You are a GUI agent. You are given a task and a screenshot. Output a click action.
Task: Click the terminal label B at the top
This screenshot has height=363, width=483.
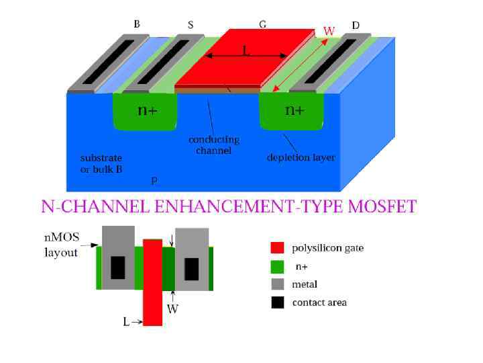[x=137, y=24]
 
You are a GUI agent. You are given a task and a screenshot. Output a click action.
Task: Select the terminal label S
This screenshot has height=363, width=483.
[x=191, y=26]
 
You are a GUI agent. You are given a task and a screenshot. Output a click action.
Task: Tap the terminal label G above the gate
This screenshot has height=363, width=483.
[x=262, y=24]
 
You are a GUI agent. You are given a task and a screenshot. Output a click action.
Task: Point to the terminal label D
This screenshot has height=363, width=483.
[x=356, y=26]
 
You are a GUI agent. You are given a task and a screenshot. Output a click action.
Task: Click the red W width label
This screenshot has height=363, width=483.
[x=329, y=31]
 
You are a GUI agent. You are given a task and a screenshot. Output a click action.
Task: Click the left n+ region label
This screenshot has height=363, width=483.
[x=148, y=110]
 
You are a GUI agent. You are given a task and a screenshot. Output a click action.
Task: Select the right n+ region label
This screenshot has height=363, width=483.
[x=294, y=110]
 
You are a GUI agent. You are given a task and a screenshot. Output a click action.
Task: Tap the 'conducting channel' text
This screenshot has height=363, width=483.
[x=213, y=145]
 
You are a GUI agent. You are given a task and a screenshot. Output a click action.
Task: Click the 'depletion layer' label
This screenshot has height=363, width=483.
[x=301, y=158]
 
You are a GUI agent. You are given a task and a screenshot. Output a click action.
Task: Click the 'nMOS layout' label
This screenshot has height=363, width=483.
[x=61, y=245]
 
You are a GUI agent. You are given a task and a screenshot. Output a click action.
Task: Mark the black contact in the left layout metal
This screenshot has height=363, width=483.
[x=117, y=268]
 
